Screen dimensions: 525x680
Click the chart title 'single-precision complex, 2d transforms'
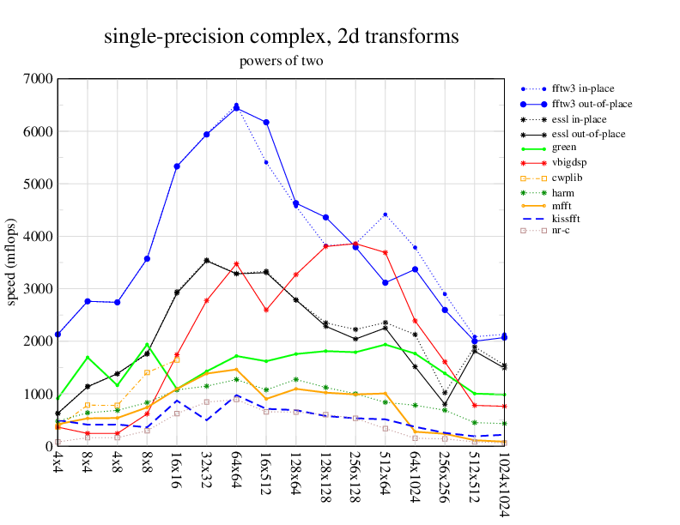pos(281,37)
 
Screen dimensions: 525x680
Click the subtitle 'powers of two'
pos(281,62)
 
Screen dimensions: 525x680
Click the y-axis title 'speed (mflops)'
pos(12,262)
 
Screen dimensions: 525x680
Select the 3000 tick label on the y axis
pos(39,289)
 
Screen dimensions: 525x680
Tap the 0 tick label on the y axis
pos(48,446)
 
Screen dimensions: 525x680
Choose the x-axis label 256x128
pos(355,476)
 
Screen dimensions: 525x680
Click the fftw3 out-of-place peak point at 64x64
pos(236,108)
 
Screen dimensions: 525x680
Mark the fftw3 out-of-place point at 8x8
pos(147,258)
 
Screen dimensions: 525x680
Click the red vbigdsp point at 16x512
pos(266,310)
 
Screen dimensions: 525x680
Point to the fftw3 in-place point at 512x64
pos(386,214)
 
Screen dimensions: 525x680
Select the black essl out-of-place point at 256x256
pos(445,404)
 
